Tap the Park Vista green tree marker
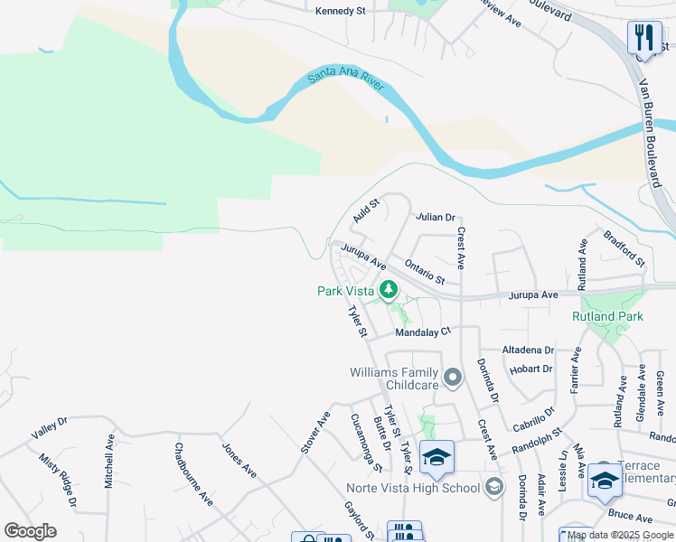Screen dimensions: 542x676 coord(389,290)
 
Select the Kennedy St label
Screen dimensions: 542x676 coord(340,12)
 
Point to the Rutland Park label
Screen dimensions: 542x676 coord(607,317)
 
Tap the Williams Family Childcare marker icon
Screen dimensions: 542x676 coord(453,376)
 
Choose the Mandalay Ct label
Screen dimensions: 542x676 coord(423,332)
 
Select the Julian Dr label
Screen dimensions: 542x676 coord(435,218)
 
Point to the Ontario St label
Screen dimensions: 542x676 coord(425,272)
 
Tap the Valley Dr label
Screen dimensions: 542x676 coord(49,428)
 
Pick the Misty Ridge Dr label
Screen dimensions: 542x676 coord(57,479)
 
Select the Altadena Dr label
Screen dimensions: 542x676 coord(528,350)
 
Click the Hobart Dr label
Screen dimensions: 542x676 coord(530,369)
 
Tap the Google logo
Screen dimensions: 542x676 coord(30,531)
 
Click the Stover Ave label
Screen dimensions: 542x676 coord(315,433)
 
